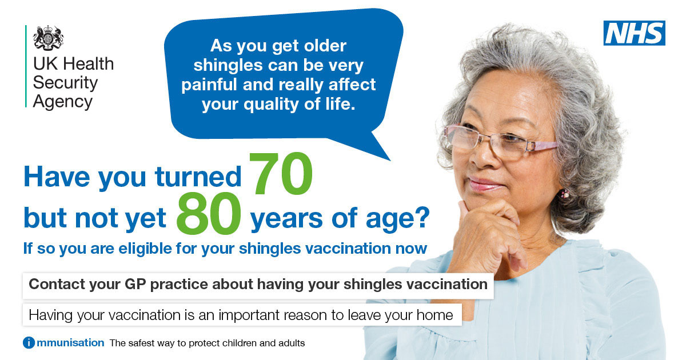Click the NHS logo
click(x=634, y=33)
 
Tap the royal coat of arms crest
click(x=48, y=38)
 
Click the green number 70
click(x=281, y=174)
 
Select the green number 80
click(x=209, y=213)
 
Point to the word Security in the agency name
click(x=65, y=83)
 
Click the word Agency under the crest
click(x=63, y=102)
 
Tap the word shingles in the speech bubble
click(x=228, y=66)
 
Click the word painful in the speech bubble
click(x=209, y=85)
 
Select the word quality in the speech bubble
click(x=271, y=105)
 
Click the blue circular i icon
click(x=29, y=342)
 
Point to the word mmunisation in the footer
click(x=70, y=343)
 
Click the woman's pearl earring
click(x=565, y=194)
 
